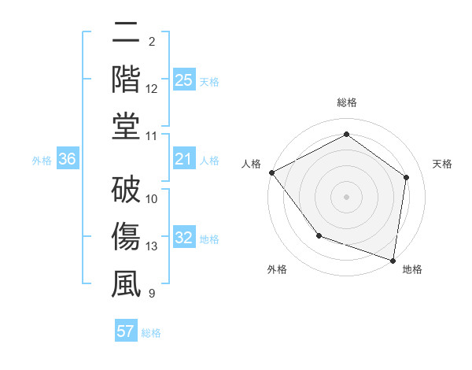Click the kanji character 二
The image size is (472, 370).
click(126, 33)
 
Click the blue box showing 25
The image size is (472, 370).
click(183, 80)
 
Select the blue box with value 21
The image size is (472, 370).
click(183, 160)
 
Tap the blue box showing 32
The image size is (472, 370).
click(183, 239)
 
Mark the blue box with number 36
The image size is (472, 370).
click(68, 160)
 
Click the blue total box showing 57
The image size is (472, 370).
click(126, 331)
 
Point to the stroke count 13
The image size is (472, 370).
click(152, 246)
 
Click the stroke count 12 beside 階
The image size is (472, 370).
click(152, 89)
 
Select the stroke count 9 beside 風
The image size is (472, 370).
click(152, 294)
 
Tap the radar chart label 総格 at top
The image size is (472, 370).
click(346, 102)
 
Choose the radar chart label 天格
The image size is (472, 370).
click(443, 164)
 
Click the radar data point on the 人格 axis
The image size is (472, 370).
click(271, 172)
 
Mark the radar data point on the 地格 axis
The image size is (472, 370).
click(393, 260)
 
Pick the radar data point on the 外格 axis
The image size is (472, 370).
click(319, 235)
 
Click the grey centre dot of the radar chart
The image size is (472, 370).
click(346, 197)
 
